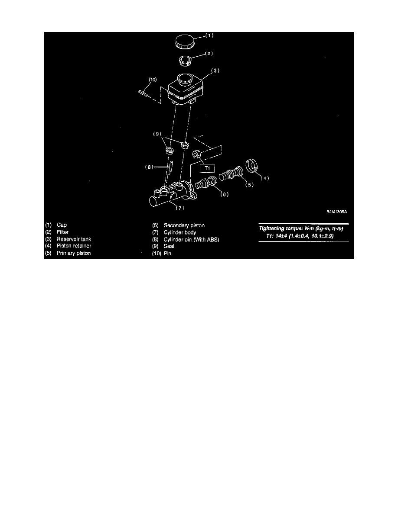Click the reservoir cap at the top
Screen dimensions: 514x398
click(184, 42)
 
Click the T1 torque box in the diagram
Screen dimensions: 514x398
click(207, 168)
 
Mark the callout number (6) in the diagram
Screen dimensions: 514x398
click(224, 195)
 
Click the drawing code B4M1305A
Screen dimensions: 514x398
click(338, 212)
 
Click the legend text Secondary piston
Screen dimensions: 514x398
click(184, 225)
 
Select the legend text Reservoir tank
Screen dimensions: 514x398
click(74, 239)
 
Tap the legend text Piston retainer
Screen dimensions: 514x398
click(74, 246)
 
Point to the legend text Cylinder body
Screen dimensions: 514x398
click(179, 232)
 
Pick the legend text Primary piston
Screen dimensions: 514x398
click(74, 253)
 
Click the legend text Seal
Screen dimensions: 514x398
click(169, 246)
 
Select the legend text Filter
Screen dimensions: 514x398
click(62, 232)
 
